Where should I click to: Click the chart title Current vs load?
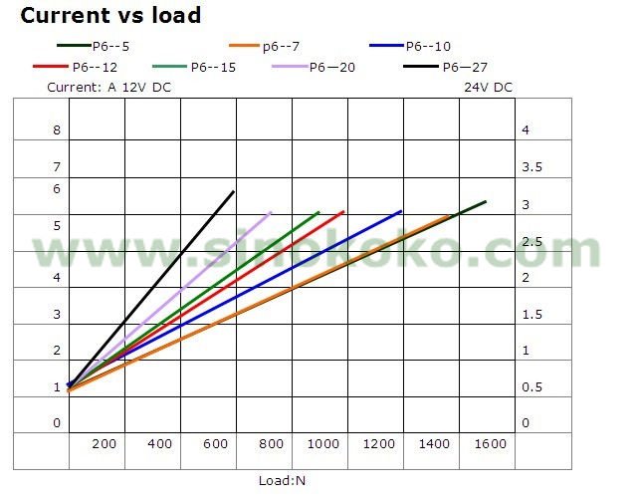pyautogui.click(x=110, y=16)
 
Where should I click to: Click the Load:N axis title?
pyautogui.click(x=282, y=480)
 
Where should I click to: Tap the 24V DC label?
pyautogui.click(x=488, y=87)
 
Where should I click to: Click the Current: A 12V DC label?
pyautogui.click(x=109, y=87)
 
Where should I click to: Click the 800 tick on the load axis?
pyautogui.click(x=270, y=443)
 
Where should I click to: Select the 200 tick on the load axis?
pyautogui.click(x=104, y=443)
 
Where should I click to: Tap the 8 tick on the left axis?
pyautogui.click(x=57, y=130)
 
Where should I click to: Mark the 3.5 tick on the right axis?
pyautogui.click(x=531, y=167)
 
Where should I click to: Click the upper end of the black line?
pyautogui.click(x=234, y=191)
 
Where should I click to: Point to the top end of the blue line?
pyautogui.click(x=400, y=211)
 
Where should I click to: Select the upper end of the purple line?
pyautogui.click(x=271, y=212)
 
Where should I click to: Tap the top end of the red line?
pyautogui.click(x=343, y=211)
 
